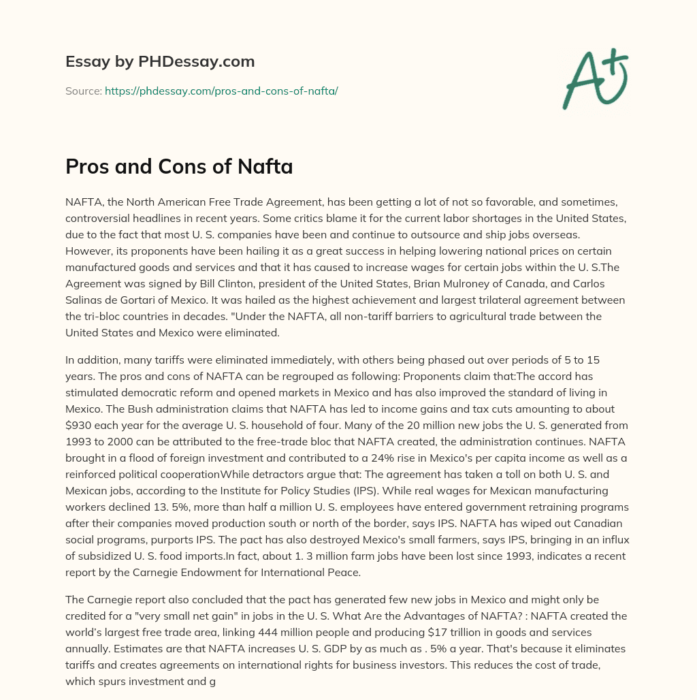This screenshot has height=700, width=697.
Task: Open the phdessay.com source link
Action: [x=221, y=91]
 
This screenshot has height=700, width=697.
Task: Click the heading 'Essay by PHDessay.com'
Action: [x=160, y=62]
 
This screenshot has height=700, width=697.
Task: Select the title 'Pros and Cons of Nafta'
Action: [x=179, y=167]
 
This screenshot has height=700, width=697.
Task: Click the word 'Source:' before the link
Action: [x=84, y=91]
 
